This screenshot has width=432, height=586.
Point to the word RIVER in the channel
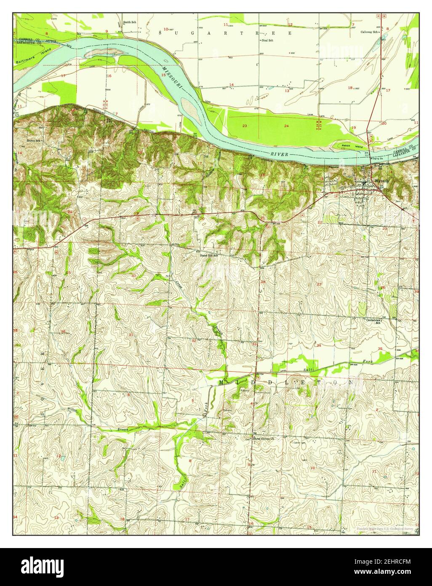pyautogui.click(x=280, y=155)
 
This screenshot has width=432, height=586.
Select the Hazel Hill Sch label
pyautogui.click(x=209, y=255)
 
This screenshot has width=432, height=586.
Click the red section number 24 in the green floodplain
pyautogui.click(x=286, y=126)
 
